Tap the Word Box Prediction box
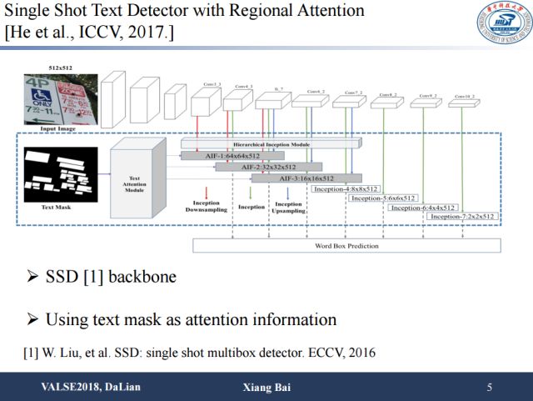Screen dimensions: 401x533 click(x=346, y=246)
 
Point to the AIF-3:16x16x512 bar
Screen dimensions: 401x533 click(x=306, y=178)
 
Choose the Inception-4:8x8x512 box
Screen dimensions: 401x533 click(x=345, y=188)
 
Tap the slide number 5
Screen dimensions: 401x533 click(x=489, y=388)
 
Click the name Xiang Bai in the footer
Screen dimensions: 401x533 click(x=266, y=388)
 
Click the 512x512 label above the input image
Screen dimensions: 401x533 click(x=60, y=69)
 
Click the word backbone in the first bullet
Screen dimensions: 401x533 click(x=143, y=276)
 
